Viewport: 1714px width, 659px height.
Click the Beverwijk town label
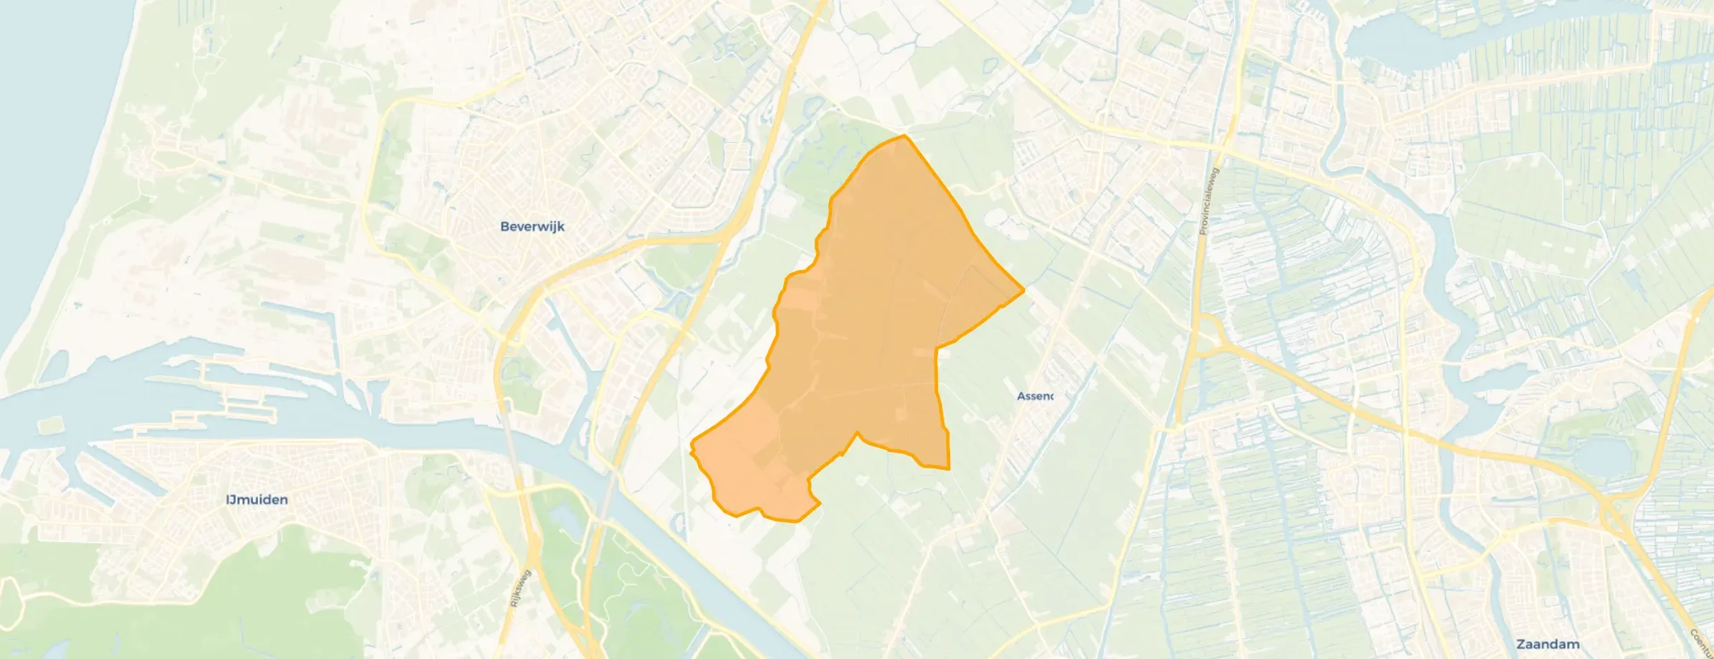532,226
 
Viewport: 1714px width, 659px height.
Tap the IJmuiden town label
257,499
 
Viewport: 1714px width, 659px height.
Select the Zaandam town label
1548,644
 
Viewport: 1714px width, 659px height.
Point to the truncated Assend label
1035,396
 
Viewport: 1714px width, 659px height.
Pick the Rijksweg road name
520,588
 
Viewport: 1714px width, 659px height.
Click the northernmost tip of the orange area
905,135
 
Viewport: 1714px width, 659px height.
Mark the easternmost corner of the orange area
1023,289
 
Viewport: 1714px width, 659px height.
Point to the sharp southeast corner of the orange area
949,468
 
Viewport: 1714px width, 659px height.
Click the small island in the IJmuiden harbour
48,425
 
